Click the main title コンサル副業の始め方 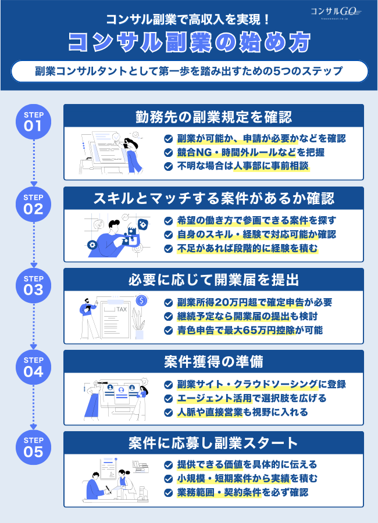pyautogui.click(x=189, y=42)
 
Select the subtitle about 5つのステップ pyautogui.click(x=189, y=71)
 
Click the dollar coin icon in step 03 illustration pyautogui.click(x=140, y=300)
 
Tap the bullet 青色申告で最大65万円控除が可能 pyautogui.click(x=250, y=330)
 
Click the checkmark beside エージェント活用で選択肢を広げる pyautogui.click(x=168, y=398)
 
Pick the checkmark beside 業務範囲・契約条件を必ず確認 pyautogui.click(x=168, y=493)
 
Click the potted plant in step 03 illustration pyautogui.click(x=138, y=324)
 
